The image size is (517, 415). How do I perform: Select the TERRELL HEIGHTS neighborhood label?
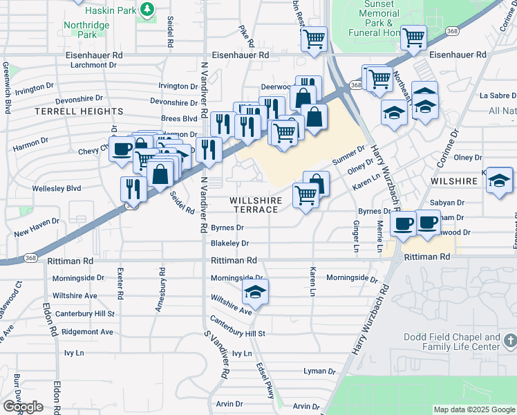[79, 111]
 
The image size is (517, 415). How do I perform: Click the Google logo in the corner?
[23, 407]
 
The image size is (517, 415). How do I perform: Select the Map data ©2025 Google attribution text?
[474, 409]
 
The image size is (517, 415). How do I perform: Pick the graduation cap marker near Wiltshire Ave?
[255, 293]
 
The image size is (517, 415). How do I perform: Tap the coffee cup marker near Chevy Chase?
[122, 148]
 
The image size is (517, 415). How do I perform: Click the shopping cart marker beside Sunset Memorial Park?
[413, 38]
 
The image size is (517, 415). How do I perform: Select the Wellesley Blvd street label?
[57, 188]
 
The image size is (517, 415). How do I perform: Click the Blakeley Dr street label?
[229, 243]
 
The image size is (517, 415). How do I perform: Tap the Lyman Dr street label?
[319, 371]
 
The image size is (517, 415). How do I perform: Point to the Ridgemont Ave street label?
[87, 332]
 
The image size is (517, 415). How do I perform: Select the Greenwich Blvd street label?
[7, 88]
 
